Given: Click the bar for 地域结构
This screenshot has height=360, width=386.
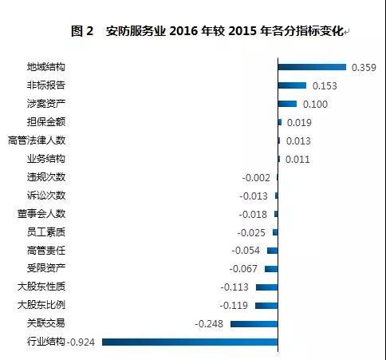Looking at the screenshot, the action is [312, 67].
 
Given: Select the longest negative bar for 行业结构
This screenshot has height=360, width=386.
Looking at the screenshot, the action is [190, 342].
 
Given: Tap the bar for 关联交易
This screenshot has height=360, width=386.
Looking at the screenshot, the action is [254, 324].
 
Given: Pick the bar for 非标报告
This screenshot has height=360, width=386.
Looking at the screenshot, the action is [292, 85].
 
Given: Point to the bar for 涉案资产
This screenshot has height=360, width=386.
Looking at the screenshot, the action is [287, 104].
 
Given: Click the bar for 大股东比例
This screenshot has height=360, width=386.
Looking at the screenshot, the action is [266, 306].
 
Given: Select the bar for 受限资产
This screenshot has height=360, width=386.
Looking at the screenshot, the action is [271, 269].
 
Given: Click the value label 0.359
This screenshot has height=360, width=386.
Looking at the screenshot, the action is [364, 68].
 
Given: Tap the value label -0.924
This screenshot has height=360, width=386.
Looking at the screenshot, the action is [81, 342].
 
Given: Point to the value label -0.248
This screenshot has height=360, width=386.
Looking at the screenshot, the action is [209, 324].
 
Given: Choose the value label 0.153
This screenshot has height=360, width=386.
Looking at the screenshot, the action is [325, 86].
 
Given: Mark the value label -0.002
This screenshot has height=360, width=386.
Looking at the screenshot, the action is [256, 178].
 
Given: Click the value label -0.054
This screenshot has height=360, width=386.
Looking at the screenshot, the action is [246, 251].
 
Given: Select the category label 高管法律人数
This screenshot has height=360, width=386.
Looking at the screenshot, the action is [37, 140].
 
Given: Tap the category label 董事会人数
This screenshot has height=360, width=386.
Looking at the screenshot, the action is [41, 214].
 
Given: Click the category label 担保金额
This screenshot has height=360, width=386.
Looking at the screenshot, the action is [46, 122].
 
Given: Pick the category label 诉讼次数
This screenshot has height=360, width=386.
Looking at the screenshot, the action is [46, 196].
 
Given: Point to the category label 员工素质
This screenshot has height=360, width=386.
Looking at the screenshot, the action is [46, 232].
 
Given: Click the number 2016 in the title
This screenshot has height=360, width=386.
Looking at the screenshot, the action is [183, 31].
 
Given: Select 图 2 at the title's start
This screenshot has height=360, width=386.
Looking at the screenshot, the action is [82, 31].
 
